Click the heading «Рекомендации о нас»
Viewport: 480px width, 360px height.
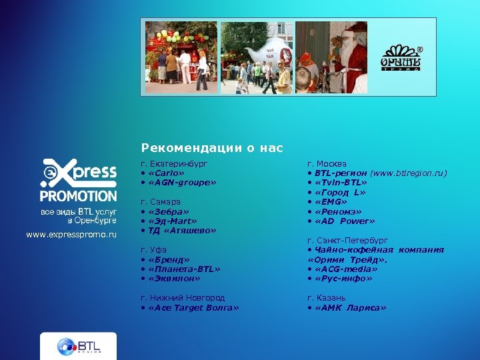(x=211, y=148)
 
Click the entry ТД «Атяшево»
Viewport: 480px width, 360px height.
(x=177, y=231)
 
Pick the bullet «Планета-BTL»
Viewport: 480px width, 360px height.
(x=183, y=269)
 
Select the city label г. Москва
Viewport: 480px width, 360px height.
(x=327, y=163)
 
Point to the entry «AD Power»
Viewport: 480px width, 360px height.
(x=345, y=221)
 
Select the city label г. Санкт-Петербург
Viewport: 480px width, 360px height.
(x=347, y=240)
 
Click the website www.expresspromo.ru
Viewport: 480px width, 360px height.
(x=71, y=235)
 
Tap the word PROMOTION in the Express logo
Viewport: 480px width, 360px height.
(x=78, y=196)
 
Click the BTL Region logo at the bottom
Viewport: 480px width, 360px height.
(x=78, y=346)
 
